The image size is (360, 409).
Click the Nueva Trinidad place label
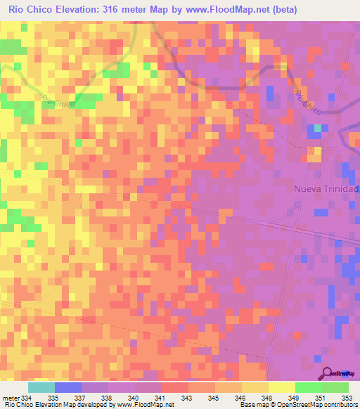(x=326, y=189)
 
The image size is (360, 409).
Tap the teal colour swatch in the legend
(x=41, y=387)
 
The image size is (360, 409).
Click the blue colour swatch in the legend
(x=68, y=387)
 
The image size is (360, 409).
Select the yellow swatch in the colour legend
(x=282, y=387)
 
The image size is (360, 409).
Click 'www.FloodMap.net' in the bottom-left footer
(x=146, y=405)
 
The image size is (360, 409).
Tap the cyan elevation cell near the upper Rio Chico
(x=318, y=128)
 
